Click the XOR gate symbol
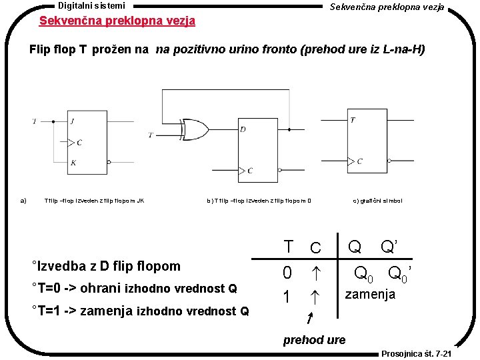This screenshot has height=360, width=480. coord(194,129)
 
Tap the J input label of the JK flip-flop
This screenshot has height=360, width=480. coord(71,121)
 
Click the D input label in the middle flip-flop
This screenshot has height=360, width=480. coord(243,129)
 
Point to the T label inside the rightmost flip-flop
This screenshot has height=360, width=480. coord(353,120)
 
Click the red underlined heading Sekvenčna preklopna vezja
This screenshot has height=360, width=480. coord(117,21)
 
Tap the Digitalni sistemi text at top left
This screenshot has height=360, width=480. coord(91,5)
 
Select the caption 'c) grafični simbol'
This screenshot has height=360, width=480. coord(377,200)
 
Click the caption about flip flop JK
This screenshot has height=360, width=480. coord(94,200)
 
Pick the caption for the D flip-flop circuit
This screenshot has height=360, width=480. coord(259,200)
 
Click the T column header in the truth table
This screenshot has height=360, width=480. coord(288,247)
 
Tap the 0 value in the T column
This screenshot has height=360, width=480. coord(287,273)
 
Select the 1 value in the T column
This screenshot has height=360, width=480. coord(287,297)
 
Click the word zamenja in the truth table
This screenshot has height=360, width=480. coord(369,294)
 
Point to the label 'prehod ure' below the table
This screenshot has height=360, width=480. coord(314,340)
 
